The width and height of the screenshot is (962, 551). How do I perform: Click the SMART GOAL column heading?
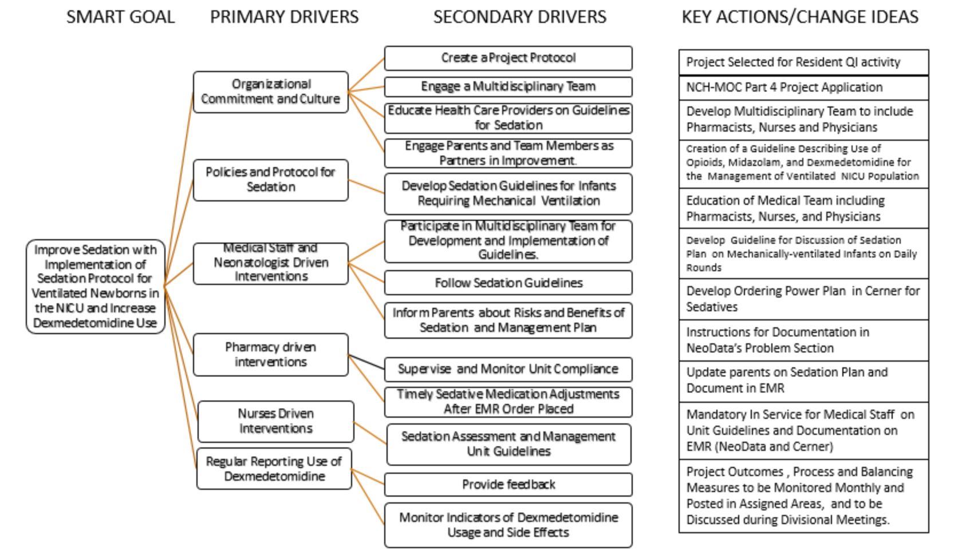pyautogui.click(x=121, y=17)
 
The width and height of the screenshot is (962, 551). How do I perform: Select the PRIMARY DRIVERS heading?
pyautogui.click(x=284, y=17)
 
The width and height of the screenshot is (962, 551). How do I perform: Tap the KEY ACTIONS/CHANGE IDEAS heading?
pyautogui.click(x=800, y=17)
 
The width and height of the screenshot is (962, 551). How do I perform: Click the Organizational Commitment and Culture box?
pyautogui.click(x=270, y=92)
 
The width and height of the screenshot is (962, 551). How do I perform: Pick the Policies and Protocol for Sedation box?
pyautogui.click(x=270, y=180)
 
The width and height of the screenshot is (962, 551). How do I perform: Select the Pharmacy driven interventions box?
pyautogui.click(x=270, y=355)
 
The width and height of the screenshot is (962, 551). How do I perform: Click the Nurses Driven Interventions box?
pyautogui.click(x=276, y=421)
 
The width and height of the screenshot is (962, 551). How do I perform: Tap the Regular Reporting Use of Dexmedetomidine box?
pyautogui.click(x=274, y=469)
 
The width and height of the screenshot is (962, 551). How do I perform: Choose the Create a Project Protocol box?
pyautogui.click(x=508, y=58)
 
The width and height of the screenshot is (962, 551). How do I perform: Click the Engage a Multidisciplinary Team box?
pyautogui.click(x=508, y=87)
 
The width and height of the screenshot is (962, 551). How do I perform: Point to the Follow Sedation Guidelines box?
pyautogui.click(x=508, y=283)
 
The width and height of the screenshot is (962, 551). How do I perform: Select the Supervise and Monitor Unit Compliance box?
pyautogui.click(x=508, y=369)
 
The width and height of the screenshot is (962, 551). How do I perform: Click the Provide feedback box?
pyautogui.click(x=508, y=485)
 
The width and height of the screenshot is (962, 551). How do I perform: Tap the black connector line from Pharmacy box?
pyautogui.click(x=366, y=362)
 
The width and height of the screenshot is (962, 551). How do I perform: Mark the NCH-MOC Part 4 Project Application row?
pyautogui.click(x=803, y=88)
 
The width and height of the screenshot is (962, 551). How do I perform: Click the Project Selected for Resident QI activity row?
pyautogui.click(x=803, y=63)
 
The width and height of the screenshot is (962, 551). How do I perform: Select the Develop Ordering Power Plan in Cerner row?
pyautogui.click(x=803, y=299)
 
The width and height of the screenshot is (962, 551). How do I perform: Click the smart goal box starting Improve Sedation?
pyautogui.click(x=95, y=287)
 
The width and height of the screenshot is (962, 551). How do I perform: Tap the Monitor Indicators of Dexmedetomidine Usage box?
pyautogui.click(x=508, y=525)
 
